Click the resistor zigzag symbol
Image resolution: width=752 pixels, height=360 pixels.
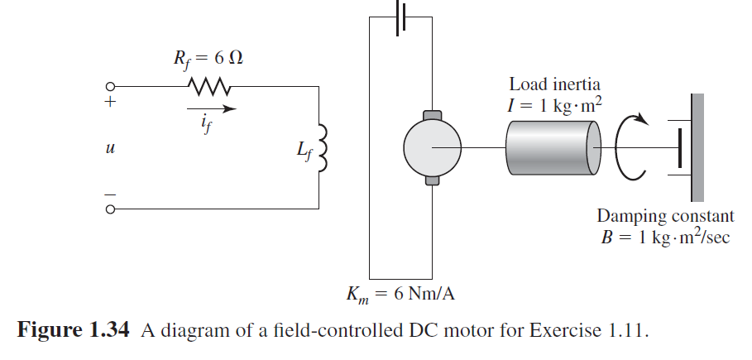pyautogui.click(x=204, y=86)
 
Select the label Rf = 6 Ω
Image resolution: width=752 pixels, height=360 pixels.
pyautogui.click(x=202, y=59)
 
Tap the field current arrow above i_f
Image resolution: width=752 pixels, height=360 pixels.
pyautogui.click(x=211, y=108)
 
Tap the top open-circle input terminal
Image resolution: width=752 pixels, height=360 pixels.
pyautogui.click(x=109, y=87)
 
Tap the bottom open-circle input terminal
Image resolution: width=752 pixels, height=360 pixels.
pyautogui.click(x=109, y=209)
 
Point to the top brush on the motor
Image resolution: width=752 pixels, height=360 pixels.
pyautogui.click(x=430, y=116)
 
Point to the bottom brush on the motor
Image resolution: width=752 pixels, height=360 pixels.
pyautogui.click(x=430, y=179)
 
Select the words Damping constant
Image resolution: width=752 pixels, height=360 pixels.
pyautogui.click(x=665, y=217)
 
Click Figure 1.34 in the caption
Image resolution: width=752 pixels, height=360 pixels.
pyautogui.click(x=74, y=332)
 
